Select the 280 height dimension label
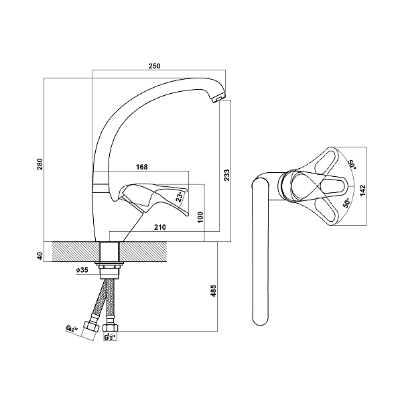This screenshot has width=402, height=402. tap(40, 164)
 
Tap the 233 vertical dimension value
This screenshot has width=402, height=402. tap(226, 175)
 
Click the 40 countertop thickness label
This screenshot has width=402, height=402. tap(40, 255)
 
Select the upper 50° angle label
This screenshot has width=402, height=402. tap(350, 163)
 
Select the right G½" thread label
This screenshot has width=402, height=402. tap(109, 337)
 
